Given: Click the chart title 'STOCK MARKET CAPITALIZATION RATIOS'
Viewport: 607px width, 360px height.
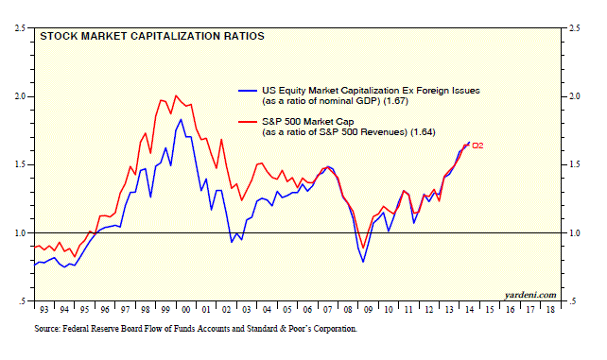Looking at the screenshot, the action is coord(152,36).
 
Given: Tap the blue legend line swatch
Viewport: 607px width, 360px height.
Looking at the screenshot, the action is coord(248,91).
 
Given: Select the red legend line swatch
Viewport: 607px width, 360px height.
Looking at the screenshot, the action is coord(248,122).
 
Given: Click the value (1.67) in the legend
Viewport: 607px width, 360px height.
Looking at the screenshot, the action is coord(395,101).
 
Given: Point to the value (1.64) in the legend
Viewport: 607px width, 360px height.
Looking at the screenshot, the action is coord(423,132).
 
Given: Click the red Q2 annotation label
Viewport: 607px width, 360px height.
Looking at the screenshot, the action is coord(477,146).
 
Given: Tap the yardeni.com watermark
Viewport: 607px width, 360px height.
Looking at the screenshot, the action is coord(530,295).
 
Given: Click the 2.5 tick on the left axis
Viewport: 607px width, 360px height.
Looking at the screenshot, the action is coord(20,28).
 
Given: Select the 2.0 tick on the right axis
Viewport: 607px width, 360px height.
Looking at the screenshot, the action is coord(575,96).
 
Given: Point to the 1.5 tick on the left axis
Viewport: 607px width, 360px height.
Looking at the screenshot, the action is coord(20,164).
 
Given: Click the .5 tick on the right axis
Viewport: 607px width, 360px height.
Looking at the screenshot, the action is coord(573,301).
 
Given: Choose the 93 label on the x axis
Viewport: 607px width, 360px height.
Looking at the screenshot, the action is coord(44,310).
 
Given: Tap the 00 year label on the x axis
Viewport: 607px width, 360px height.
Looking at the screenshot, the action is coord(186,310).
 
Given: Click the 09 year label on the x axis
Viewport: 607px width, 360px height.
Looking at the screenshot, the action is coord(368,310).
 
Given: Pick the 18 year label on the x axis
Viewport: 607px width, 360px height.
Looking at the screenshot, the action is coord(550,310).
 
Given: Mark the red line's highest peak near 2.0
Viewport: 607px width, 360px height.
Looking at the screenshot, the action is coord(176,95).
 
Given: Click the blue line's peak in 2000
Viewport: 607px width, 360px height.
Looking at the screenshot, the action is coord(181,119).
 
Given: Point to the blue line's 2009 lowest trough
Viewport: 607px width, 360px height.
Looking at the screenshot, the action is coord(363,262).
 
